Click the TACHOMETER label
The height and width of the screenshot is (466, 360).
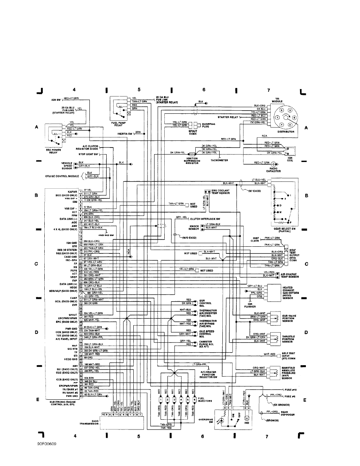point(220,160)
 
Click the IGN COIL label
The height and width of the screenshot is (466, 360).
point(290,159)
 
